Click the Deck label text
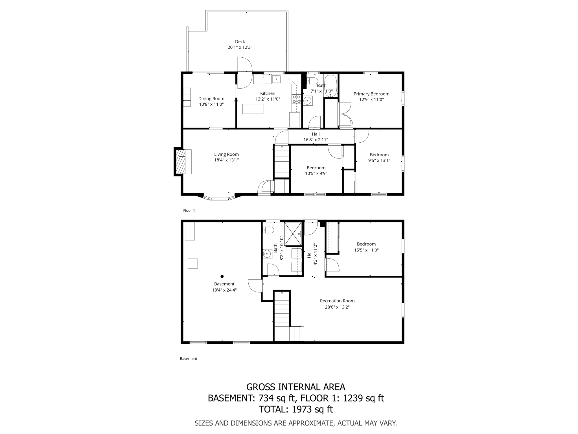click(x=240, y=42)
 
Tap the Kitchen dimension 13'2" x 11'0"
click(x=268, y=99)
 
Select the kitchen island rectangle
click(x=253, y=109)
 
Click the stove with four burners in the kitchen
click(x=296, y=99)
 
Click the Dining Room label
click(x=211, y=99)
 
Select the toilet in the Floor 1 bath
click(x=312, y=81)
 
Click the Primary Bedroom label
click(x=371, y=94)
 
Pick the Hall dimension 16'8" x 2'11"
click(x=316, y=140)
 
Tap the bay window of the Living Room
click(x=219, y=199)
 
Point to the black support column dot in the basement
click(x=222, y=276)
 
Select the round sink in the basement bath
click(x=266, y=254)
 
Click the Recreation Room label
click(x=337, y=301)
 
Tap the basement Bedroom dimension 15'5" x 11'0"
click(x=366, y=250)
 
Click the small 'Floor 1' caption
click(x=189, y=211)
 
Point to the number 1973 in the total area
click(x=301, y=409)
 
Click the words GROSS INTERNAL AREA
click(x=295, y=387)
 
